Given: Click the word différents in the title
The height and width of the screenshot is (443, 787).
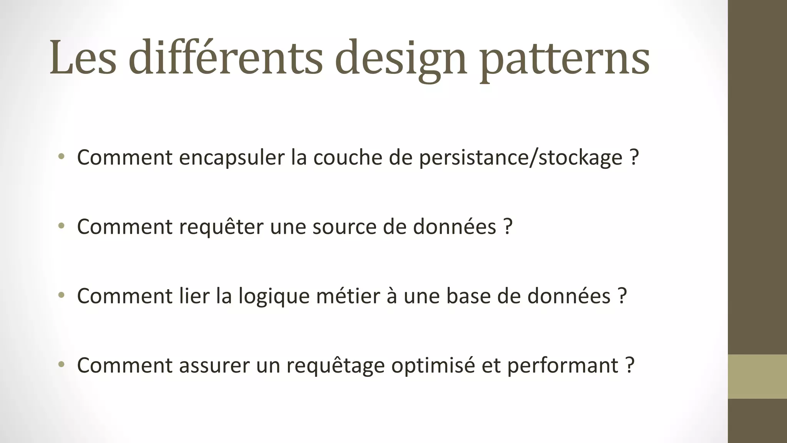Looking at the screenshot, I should click(x=225, y=58).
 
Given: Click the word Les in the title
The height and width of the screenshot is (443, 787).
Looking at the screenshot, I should click(x=83, y=58).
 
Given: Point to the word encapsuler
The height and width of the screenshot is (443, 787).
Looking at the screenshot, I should click(x=231, y=158).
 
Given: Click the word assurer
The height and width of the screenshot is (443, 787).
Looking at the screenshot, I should click(x=214, y=365).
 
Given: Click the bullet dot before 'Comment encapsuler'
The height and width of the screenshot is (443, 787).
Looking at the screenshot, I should click(x=61, y=156).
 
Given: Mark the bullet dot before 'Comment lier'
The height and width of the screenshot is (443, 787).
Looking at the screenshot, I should click(x=61, y=295).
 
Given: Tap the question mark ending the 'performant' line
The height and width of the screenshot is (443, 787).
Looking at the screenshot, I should click(x=629, y=365).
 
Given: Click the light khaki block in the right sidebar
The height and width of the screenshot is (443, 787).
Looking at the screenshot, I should click(x=757, y=376).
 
